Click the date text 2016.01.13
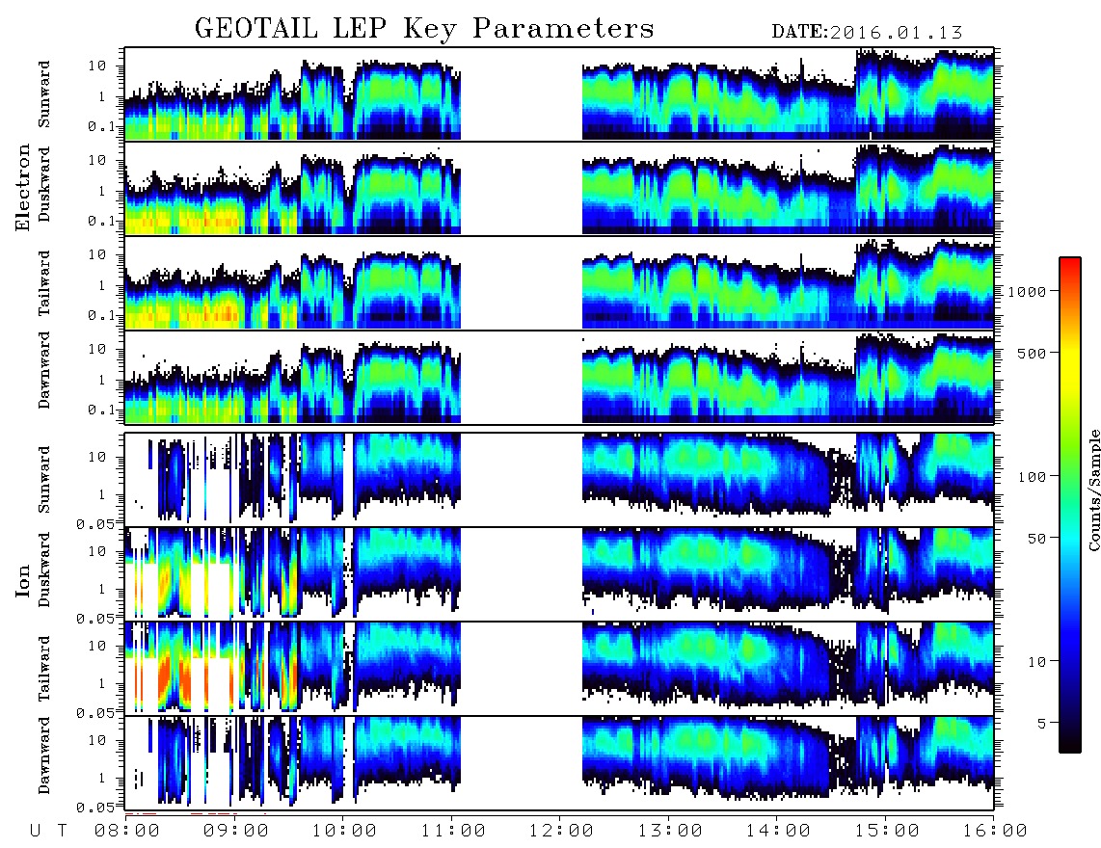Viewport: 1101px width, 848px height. pyautogui.click(x=896, y=33)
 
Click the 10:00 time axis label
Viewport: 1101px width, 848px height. pyautogui.click(x=343, y=832)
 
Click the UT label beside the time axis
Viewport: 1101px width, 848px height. pyautogui.click(x=48, y=832)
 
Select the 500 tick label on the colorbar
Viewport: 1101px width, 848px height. pyautogui.click(x=1032, y=353)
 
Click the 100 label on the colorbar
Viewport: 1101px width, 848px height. pyautogui.click(x=1032, y=477)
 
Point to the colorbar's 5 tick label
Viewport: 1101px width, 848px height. pyautogui.click(x=1042, y=724)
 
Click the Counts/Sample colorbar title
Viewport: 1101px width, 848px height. pyautogui.click(x=1093, y=490)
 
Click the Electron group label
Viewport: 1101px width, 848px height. pyautogui.click(x=22, y=188)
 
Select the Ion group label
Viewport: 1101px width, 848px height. pyautogui.click(x=22, y=581)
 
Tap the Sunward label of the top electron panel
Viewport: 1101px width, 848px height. pyautogui.click(x=44, y=94)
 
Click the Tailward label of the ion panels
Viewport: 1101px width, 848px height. pyautogui.click(x=44, y=669)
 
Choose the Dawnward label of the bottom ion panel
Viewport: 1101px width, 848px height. pyautogui.click(x=44, y=755)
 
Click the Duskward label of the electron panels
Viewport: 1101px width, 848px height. pyautogui.click(x=44, y=184)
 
